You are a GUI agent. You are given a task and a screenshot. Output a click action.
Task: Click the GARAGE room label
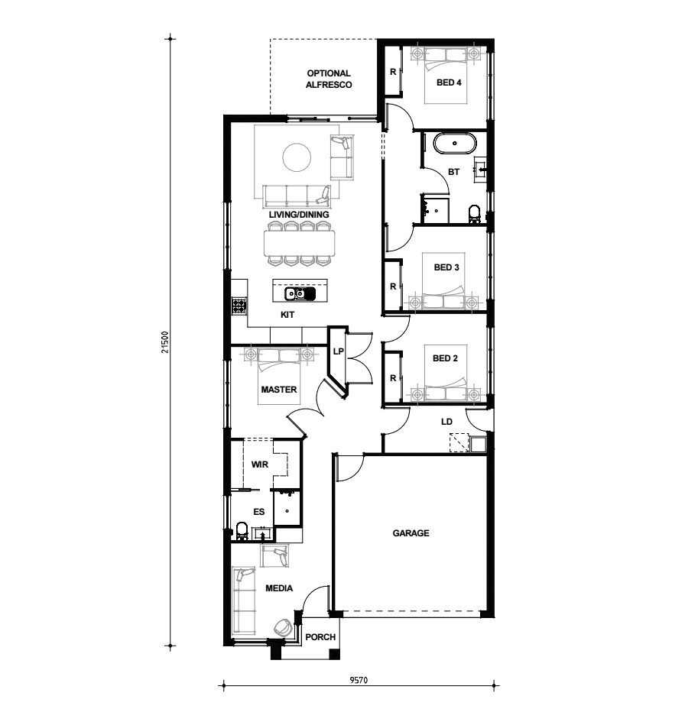pyautogui.click(x=411, y=532)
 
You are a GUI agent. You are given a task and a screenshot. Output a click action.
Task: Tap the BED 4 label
pyautogui.click(x=449, y=83)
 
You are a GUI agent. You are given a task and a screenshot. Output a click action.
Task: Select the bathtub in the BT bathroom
pyautogui.click(x=455, y=144)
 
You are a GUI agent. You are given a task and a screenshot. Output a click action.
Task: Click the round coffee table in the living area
pyautogui.click(x=297, y=157)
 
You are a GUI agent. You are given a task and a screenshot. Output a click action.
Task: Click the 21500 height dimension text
pyautogui.click(x=165, y=342)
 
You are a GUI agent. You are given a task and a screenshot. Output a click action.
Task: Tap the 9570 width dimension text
pyautogui.click(x=359, y=680)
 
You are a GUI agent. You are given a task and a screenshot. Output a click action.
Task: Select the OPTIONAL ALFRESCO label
pyautogui.click(x=329, y=79)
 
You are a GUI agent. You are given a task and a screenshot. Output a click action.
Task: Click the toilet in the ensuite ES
pyautogui.click(x=242, y=531)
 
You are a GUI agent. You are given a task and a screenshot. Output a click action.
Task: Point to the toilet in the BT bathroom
pyautogui.click(x=474, y=214)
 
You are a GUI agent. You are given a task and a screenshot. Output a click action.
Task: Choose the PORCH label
pyautogui.click(x=320, y=637)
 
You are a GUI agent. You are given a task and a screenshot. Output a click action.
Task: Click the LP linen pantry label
pyautogui.click(x=338, y=351)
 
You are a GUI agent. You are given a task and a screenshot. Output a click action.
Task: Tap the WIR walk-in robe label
pyautogui.click(x=259, y=464)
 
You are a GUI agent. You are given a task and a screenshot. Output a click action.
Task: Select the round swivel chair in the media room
pyautogui.click(x=284, y=627)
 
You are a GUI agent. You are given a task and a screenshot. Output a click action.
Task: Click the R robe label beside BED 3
pyautogui.click(x=393, y=286)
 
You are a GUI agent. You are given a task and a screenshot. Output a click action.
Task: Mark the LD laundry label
pyautogui.click(x=446, y=422)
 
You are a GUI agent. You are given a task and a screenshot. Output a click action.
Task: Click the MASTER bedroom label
pyautogui.click(x=278, y=390)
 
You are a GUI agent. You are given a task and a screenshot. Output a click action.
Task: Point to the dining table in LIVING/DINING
pyautogui.click(x=300, y=244)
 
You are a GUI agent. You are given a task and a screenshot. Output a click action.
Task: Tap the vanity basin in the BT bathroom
pyautogui.click(x=481, y=170)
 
